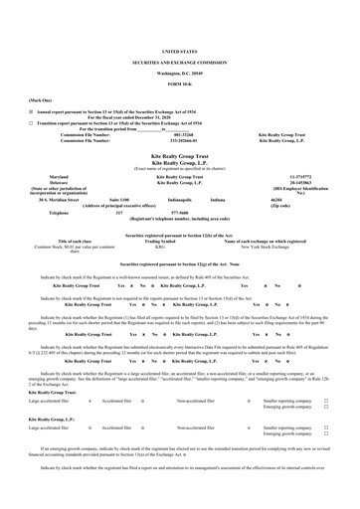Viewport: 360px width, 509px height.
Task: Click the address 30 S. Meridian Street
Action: tap(58, 200)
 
